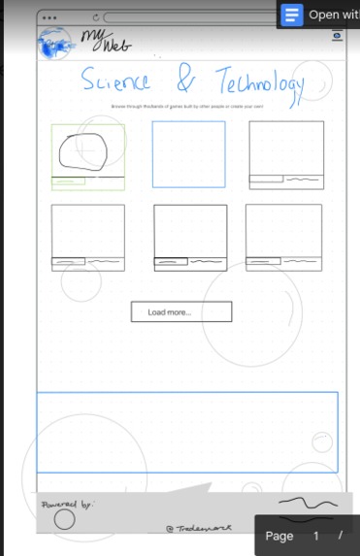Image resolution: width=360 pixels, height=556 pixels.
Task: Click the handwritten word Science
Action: point(115,81)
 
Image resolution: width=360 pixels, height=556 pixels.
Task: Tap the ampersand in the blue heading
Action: point(183,79)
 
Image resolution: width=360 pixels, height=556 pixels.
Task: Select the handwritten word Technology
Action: point(259,82)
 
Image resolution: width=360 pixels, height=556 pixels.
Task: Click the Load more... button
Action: point(181,311)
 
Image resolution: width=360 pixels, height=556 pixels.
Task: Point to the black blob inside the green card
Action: point(83,150)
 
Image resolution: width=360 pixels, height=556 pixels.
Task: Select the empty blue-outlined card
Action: point(188,153)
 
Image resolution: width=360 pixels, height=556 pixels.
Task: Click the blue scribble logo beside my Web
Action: point(56,45)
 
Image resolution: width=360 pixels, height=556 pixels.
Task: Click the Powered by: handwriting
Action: point(67,505)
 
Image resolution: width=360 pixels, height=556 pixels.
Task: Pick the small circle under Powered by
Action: point(64,520)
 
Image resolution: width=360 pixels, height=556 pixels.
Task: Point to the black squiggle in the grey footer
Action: point(308,503)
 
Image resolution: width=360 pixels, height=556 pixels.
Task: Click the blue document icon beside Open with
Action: point(292,15)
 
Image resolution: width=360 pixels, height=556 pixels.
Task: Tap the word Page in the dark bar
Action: point(279,536)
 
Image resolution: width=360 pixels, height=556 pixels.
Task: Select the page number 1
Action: point(315,536)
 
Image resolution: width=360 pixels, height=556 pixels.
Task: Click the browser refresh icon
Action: point(95,17)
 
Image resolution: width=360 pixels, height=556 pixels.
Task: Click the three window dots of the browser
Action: point(49,17)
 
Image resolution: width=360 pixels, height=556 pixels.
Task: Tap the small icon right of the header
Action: point(337,35)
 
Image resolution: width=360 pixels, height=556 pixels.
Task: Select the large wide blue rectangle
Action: point(187,432)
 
